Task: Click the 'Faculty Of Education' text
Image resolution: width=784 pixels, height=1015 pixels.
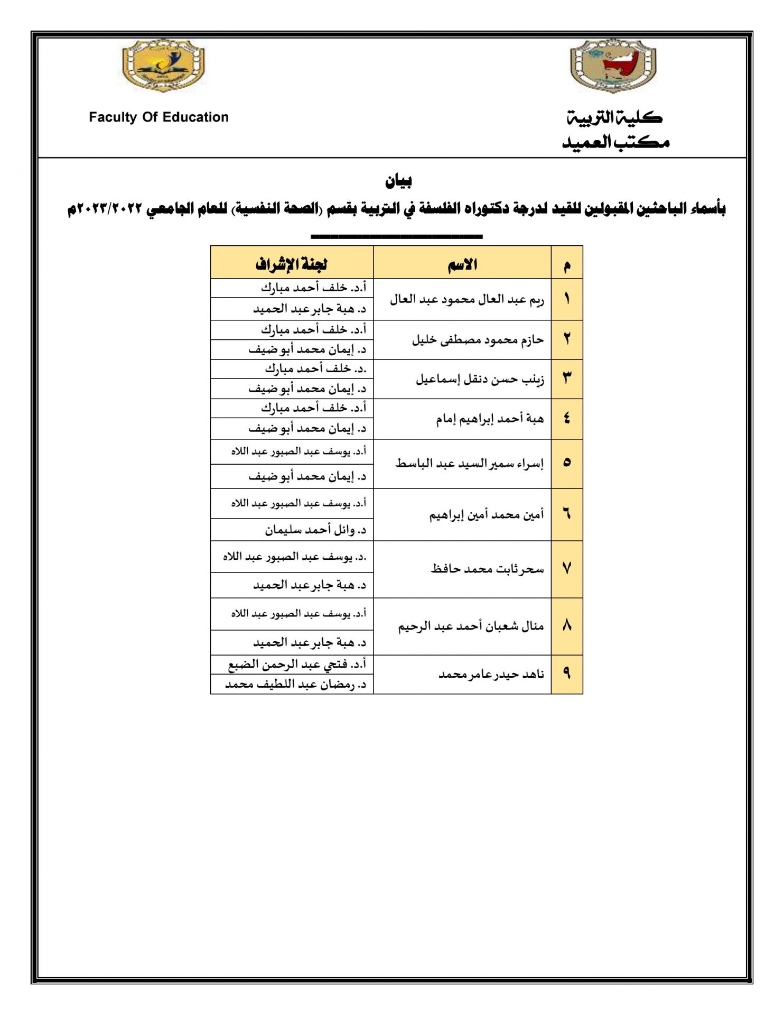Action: coord(158,117)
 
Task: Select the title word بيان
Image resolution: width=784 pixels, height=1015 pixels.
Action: coord(398,181)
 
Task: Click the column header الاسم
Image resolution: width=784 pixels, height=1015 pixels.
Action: coord(462,264)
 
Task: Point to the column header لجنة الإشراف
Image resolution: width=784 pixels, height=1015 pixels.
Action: coord(292,264)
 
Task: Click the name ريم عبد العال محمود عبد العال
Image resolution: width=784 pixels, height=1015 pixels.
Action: coord(467,300)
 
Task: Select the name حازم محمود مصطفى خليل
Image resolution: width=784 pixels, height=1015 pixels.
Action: coord(478,340)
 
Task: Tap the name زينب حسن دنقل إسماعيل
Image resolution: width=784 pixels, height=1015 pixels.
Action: coord(480,380)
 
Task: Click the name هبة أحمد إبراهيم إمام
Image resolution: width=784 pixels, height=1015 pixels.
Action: coord(490,419)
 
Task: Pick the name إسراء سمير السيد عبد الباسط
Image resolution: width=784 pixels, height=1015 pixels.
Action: coord(469,464)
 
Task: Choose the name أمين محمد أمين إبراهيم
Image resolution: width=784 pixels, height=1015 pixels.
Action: coord(486,515)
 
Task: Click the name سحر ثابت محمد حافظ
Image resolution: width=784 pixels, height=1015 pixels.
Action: coord(487,569)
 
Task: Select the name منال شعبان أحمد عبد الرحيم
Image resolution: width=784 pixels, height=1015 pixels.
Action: coord(471,626)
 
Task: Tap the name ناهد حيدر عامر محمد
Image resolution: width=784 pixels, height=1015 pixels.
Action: coord(491,675)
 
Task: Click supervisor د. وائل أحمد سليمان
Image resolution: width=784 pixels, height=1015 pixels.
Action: coord(315,530)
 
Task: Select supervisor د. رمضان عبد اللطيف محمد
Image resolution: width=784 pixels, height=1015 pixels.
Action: coord(295,685)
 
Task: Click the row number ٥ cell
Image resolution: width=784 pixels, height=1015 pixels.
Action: coord(567,463)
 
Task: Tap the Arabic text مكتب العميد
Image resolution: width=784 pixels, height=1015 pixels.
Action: coord(616,142)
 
